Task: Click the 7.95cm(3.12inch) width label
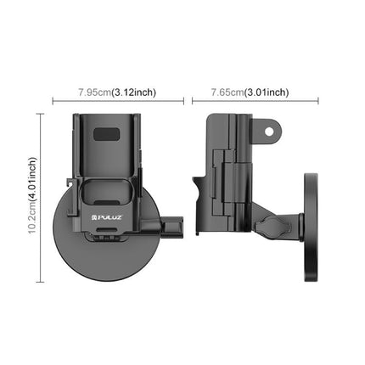point(116,92)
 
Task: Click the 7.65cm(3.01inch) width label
point(250,92)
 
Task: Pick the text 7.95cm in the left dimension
point(94,92)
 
